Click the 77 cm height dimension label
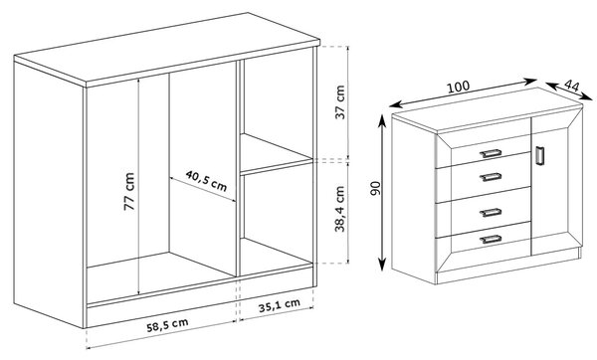pyautogui.click(x=129, y=191)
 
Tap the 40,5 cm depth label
pyautogui.click(x=206, y=181)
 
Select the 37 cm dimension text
pyautogui.click(x=340, y=102)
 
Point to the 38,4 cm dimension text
pyautogui.click(x=339, y=209)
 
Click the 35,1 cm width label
pyautogui.click(x=280, y=305)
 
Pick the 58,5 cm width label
pyautogui.click(x=167, y=325)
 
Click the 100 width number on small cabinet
pyautogui.click(x=458, y=88)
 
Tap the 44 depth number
pyautogui.click(x=571, y=86)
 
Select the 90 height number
pyautogui.click(x=375, y=189)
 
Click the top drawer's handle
pyautogui.click(x=491, y=153)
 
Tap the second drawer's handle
pyautogui.click(x=491, y=177)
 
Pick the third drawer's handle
pyautogui.click(x=491, y=213)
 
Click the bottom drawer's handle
pyautogui.click(x=491, y=239)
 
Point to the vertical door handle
pyautogui.click(x=539, y=156)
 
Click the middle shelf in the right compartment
pyautogui.click(x=276, y=154)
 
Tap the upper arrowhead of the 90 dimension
pyautogui.click(x=382, y=120)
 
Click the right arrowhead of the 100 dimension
pyautogui.click(x=530, y=82)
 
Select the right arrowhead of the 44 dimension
pyautogui.click(x=587, y=96)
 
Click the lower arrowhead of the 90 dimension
pyautogui.click(x=382, y=265)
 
